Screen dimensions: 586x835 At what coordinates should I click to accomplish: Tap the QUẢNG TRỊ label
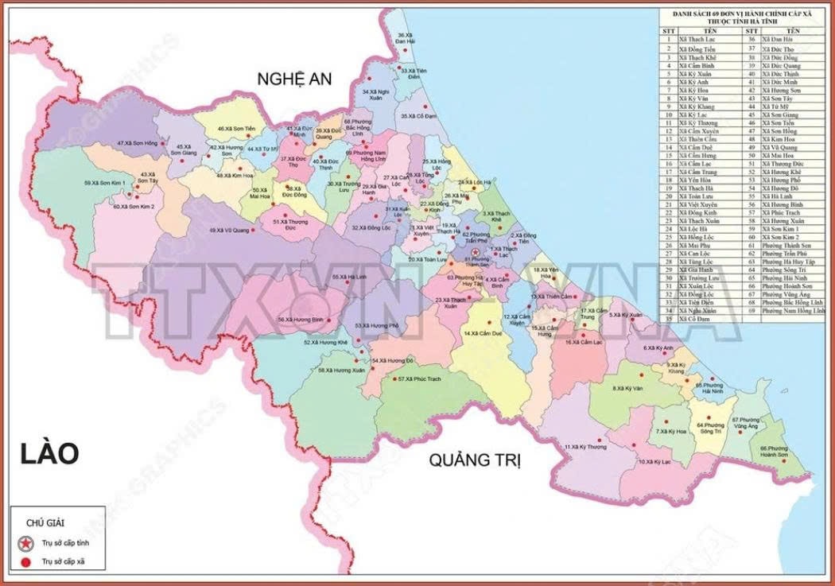coord(474,460)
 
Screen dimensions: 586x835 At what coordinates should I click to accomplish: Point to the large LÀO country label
coord(50,454)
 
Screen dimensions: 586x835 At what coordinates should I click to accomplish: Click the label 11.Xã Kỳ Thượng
coord(584,447)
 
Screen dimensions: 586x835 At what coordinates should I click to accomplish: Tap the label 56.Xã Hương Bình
coord(301,319)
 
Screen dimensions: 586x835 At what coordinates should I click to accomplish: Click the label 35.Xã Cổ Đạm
coord(419,116)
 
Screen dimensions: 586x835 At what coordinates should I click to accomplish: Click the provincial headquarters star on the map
coord(476,252)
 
